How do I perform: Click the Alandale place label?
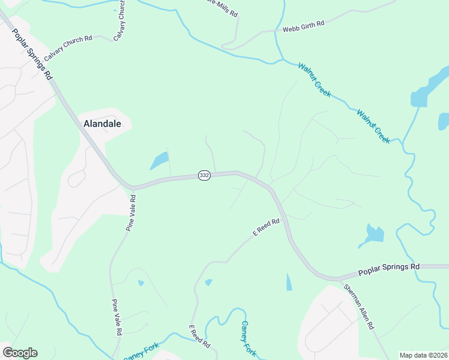(102, 124)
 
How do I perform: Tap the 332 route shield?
(204, 176)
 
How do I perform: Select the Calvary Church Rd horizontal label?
(67, 44)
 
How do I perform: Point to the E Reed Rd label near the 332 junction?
(266, 228)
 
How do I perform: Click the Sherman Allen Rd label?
(358, 307)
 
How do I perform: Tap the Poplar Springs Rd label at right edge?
(389, 269)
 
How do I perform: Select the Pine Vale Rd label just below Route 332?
(130, 212)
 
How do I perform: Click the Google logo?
(20, 353)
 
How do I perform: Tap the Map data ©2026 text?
(423, 355)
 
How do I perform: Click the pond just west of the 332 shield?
(159, 161)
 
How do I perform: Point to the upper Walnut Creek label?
(315, 81)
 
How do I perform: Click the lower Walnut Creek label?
(373, 126)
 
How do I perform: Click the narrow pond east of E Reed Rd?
(289, 282)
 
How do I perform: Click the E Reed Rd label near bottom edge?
(199, 338)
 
